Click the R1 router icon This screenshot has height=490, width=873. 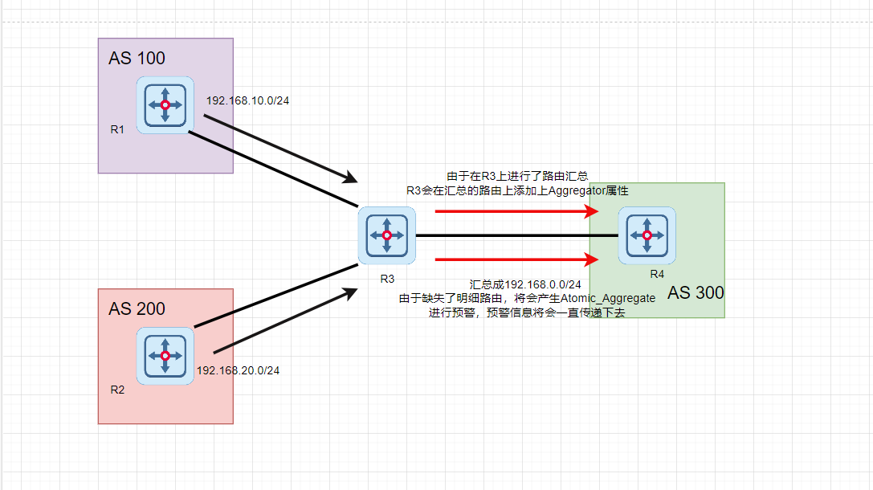165,105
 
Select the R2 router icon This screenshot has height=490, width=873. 165,356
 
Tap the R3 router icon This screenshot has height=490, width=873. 386,235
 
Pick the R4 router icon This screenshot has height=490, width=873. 647,235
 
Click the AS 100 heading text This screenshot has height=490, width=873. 137,58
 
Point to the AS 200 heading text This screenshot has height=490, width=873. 137,308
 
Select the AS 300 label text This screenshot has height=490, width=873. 696,292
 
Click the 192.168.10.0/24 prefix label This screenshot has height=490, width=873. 247,100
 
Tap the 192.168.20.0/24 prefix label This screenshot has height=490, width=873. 238,370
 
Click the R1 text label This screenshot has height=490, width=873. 117,129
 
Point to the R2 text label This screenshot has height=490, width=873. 117,390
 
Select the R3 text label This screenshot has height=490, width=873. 387,278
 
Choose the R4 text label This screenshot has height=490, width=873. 657,274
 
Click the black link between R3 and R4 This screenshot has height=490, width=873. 514,235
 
